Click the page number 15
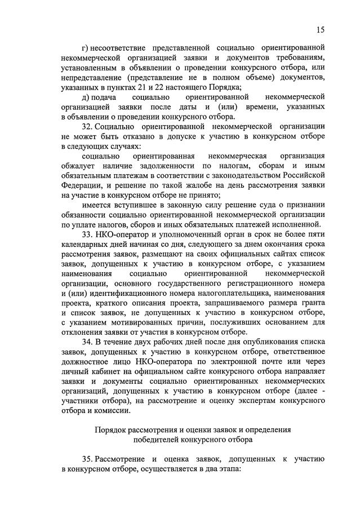click(321, 30)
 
